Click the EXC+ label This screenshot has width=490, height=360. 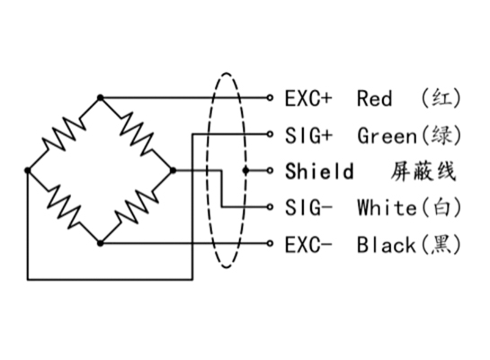pos(308,98)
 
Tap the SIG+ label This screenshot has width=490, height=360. pos(308,135)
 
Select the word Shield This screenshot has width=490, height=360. pos(319,171)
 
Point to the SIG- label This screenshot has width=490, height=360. pos(307,207)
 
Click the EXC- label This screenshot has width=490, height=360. pos(307,244)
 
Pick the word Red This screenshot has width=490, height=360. pos(374,98)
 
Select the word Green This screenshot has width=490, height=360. pos(387,135)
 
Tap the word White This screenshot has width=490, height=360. pos(387,207)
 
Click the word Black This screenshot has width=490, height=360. pos(387,244)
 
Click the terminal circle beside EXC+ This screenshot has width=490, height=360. pos(270,98)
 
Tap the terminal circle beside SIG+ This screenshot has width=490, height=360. pos(270,134)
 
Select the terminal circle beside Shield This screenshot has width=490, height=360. pos(270,170)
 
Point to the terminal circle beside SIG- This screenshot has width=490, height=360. pos(270,207)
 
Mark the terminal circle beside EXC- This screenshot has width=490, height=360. pos(270,243)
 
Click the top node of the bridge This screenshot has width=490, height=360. pos(100,98)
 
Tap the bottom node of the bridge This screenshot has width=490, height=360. pos(100,243)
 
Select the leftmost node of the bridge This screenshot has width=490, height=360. pos(28,170)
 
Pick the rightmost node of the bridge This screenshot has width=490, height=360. pos(173,170)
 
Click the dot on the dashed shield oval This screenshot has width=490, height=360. pos(246,170)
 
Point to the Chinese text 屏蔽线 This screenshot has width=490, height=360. pos(423,171)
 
